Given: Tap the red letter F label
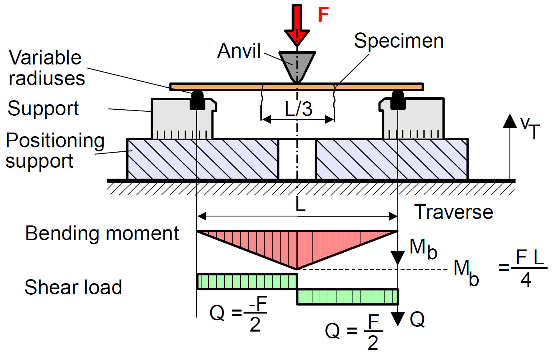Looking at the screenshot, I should [323, 15].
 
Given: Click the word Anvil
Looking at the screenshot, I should [239, 51].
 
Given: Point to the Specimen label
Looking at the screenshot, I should [399, 41].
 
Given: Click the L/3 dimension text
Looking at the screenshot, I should [298, 109].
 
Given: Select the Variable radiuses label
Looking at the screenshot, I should [46, 68].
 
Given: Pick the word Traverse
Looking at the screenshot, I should [453, 212].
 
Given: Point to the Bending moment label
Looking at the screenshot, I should [102, 233].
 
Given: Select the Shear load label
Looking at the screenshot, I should [73, 287].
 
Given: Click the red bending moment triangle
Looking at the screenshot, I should [297, 244].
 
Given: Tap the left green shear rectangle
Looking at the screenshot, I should [247, 282].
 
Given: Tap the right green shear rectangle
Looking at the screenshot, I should [347, 297].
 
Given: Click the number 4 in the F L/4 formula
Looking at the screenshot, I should [526, 279].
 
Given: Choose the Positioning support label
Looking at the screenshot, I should [55, 151].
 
